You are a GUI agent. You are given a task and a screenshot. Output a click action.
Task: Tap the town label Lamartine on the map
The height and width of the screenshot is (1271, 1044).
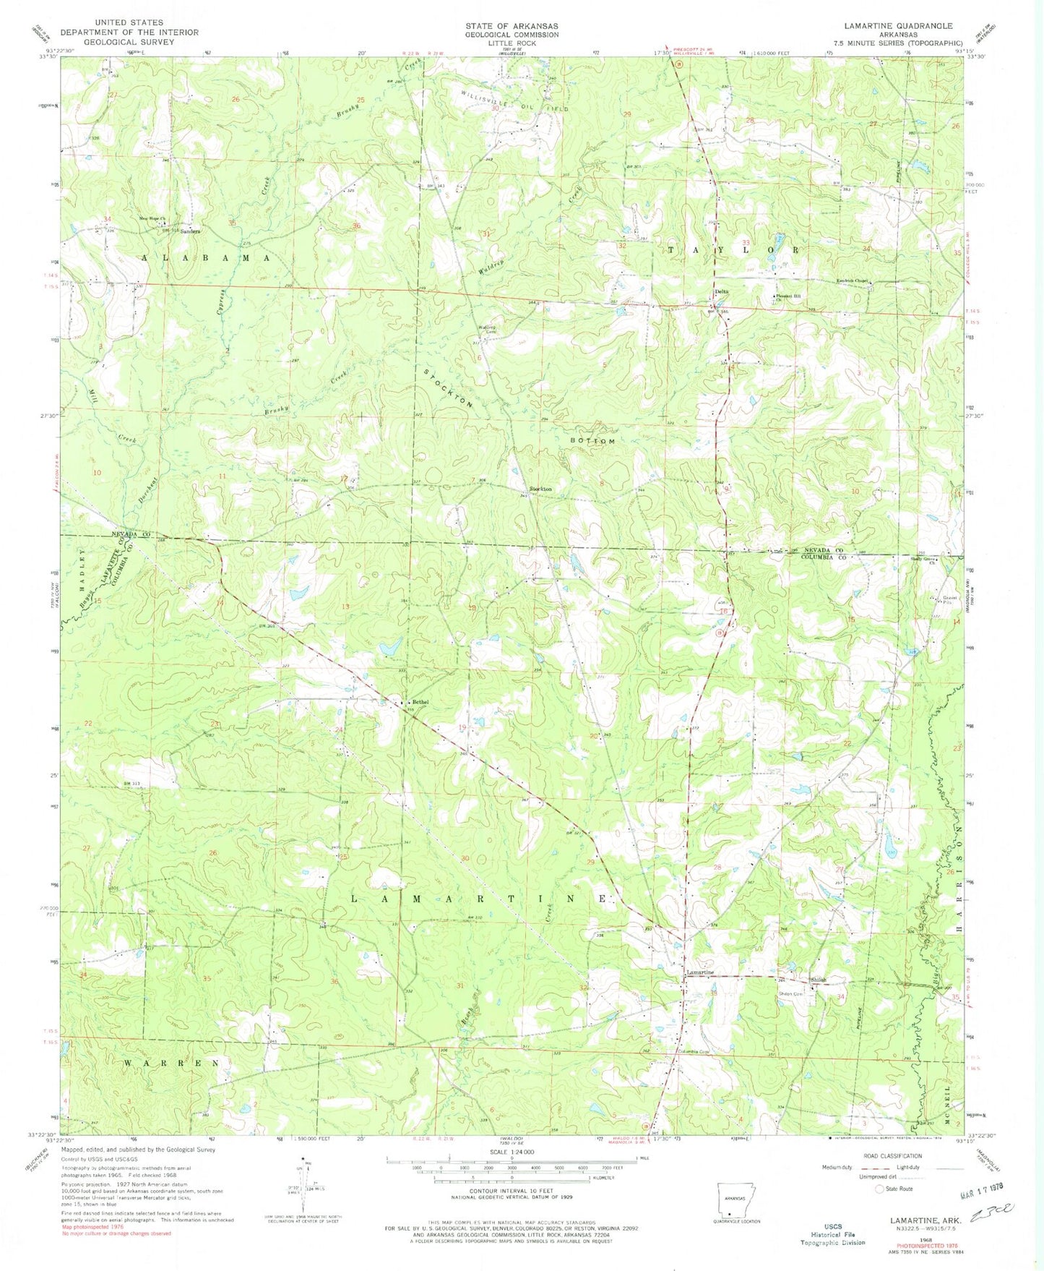click(699, 972)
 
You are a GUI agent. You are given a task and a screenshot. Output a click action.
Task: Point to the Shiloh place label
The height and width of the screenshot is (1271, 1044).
click(818, 980)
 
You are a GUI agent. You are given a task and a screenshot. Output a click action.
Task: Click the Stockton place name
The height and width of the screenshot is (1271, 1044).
click(540, 489)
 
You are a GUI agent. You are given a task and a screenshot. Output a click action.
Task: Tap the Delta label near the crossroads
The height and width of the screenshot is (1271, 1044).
click(721, 291)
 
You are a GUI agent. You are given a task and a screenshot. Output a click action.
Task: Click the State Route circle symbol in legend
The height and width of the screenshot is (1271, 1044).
click(879, 1189)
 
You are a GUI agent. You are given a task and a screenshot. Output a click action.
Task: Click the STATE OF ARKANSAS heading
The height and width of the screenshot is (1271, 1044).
click(512, 25)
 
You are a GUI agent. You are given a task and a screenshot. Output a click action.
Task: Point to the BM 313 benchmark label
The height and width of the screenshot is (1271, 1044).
click(131, 783)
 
